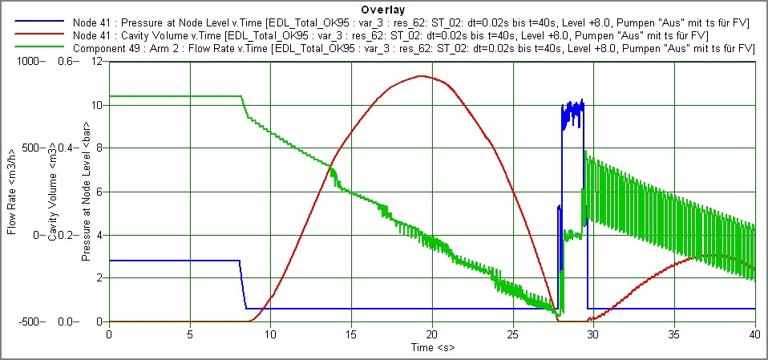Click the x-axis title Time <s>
(432, 349)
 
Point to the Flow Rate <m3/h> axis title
(12, 191)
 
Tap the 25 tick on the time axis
(513, 333)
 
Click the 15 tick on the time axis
(351, 333)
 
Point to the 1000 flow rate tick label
(15, 62)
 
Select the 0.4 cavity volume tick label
(59, 148)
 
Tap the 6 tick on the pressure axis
(99, 192)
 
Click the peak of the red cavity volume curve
(421, 76)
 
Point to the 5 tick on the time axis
(190, 333)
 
